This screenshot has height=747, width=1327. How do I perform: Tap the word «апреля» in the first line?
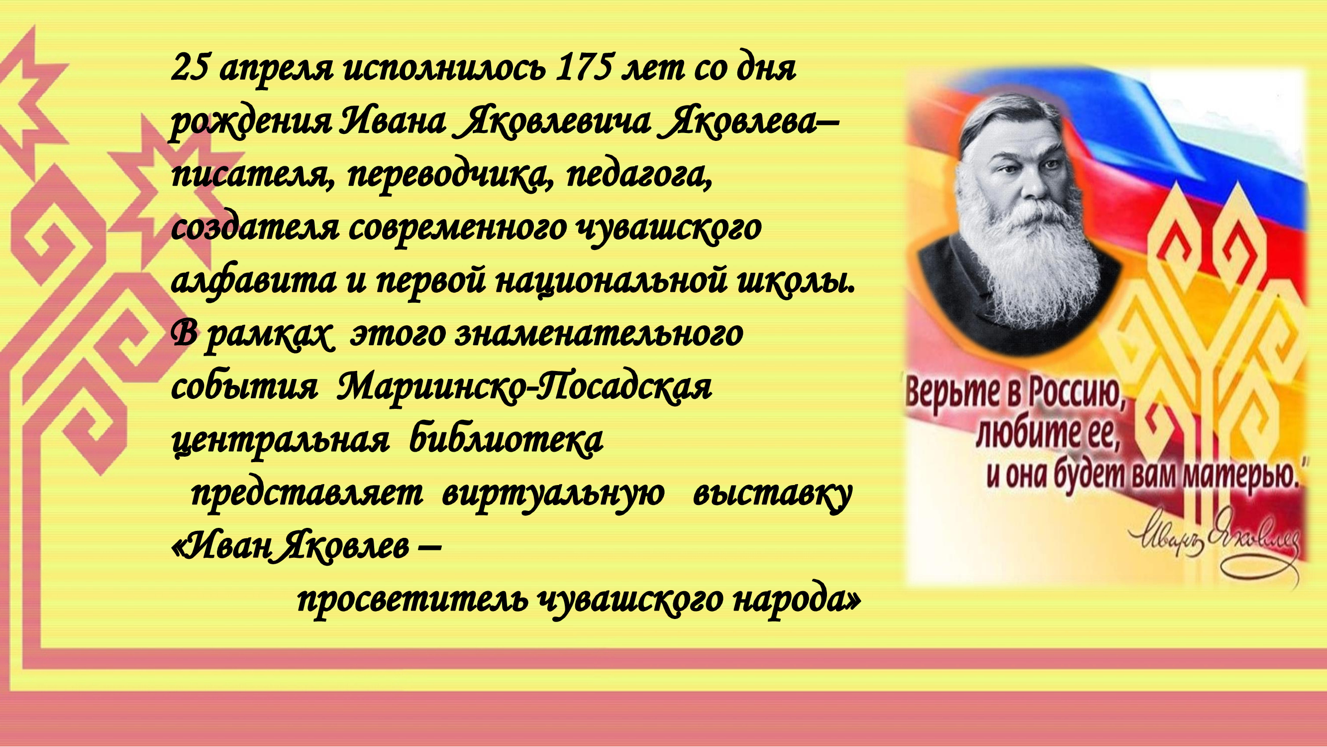[277, 72]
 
